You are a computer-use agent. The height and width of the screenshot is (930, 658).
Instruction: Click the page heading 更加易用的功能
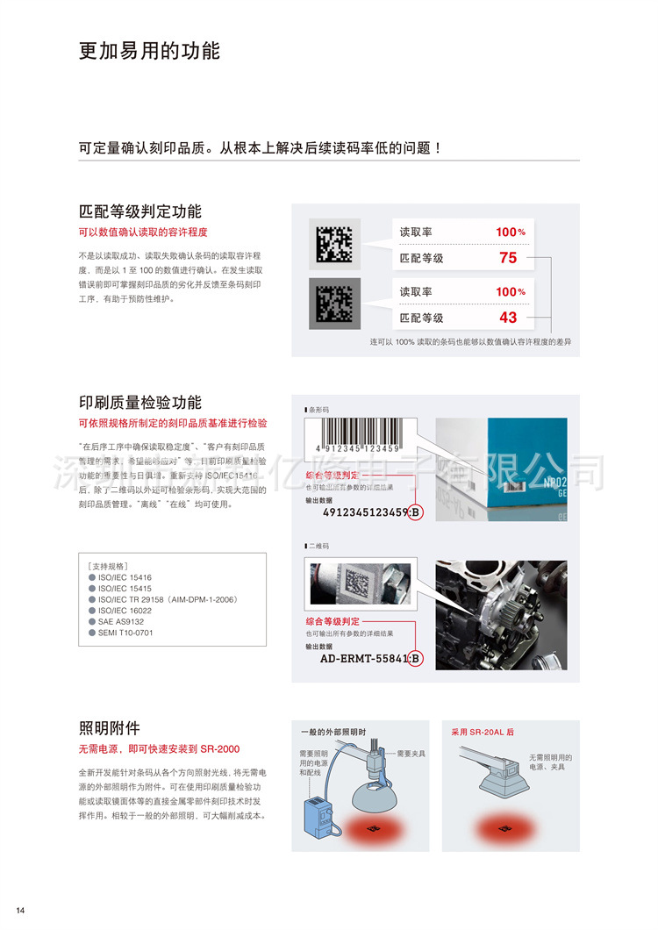click(x=149, y=51)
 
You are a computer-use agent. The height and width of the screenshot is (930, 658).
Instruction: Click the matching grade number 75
click(x=508, y=258)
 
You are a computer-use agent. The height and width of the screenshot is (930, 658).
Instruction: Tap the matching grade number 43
click(x=508, y=318)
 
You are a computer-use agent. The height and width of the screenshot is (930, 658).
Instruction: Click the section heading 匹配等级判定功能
click(x=140, y=211)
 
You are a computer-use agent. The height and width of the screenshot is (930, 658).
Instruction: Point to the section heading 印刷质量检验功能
click(x=140, y=403)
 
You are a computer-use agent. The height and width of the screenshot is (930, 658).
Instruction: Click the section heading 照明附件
click(x=110, y=727)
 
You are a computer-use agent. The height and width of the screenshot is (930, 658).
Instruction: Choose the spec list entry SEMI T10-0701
click(x=125, y=632)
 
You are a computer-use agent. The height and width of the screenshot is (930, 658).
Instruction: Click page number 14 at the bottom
click(x=20, y=909)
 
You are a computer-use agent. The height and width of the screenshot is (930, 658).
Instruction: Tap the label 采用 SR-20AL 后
click(x=483, y=731)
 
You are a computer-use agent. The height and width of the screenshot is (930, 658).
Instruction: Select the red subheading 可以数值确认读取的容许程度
click(x=143, y=232)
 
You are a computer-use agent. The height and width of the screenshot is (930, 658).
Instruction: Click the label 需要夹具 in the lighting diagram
click(x=411, y=753)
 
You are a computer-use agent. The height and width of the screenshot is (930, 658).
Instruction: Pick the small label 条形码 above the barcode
click(x=318, y=410)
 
